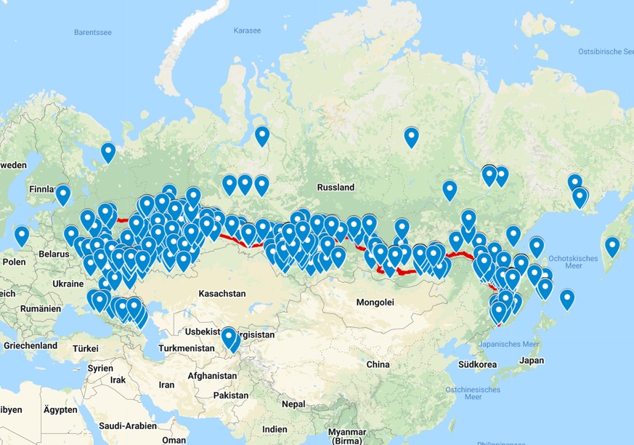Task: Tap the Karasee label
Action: click(246, 31)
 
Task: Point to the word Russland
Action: click(336, 187)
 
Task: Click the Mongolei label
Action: click(375, 302)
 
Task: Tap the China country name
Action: click(378, 364)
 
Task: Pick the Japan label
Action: click(532, 360)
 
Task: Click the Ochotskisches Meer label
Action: click(574, 263)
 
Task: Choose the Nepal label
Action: click(293, 404)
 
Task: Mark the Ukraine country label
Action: click(68, 283)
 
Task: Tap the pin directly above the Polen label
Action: click(22, 236)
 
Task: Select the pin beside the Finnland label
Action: click(63, 194)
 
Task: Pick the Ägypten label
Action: click(60, 410)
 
